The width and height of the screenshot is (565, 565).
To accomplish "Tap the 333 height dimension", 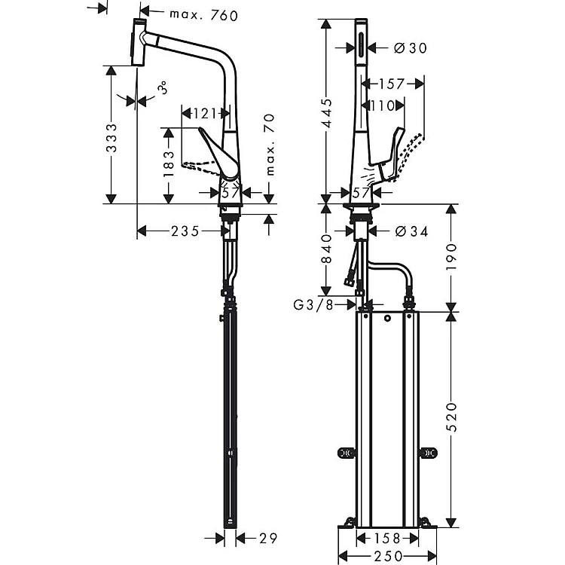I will (x=111, y=139).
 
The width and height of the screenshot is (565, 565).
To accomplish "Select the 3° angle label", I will (x=163, y=90).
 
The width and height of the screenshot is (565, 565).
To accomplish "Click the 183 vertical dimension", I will (x=169, y=161).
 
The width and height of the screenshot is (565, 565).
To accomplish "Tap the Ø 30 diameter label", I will (x=410, y=48).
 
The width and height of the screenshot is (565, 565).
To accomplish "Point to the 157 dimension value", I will (x=391, y=84).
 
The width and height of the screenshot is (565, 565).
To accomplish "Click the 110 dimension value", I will (x=382, y=106).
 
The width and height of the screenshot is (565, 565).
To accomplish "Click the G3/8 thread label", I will (x=314, y=305).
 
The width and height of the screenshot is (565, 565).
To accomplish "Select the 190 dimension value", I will (x=450, y=256).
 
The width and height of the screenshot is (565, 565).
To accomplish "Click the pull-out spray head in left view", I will (x=137, y=44).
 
